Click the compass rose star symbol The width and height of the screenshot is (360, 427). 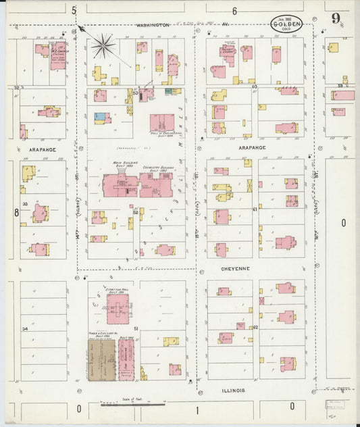(103, 47)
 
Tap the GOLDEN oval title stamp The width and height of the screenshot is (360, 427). (286, 24)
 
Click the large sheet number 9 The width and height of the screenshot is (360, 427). (336, 18)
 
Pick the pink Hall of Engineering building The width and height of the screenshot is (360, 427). (161, 122)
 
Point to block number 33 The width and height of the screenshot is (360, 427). (25, 203)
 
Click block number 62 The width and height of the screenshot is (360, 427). (256, 327)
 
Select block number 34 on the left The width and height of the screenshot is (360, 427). (25, 328)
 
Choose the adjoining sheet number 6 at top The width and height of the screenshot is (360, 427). (234, 11)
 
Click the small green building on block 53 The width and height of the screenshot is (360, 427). (176, 91)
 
